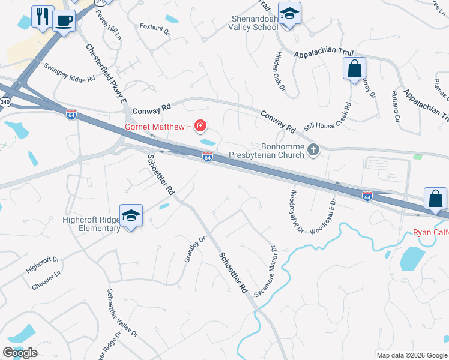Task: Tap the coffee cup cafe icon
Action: (64, 20)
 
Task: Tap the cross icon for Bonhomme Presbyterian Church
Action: (313, 150)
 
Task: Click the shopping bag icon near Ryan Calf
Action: (435, 199)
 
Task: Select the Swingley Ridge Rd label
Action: (69, 71)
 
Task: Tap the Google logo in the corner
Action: (20, 353)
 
